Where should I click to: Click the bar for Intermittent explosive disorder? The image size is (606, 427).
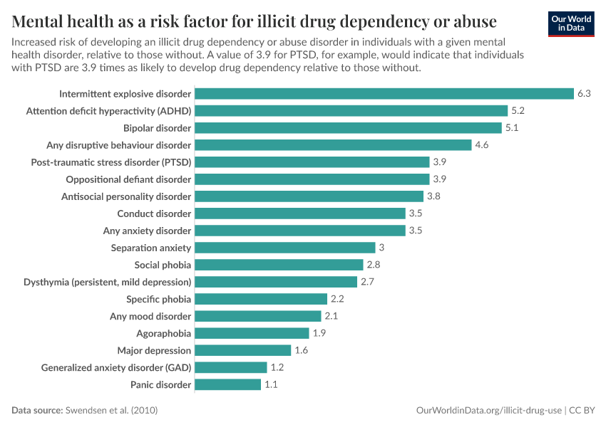pyautogui.click(x=384, y=94)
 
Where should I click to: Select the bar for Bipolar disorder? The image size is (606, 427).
pyautogui.click(x=348, y=128)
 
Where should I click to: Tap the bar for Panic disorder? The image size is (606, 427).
pyautogui.click(x=227, y=384)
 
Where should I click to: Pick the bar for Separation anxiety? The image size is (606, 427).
pyautogui.click(x=284, y=248)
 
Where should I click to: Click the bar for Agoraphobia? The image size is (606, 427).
pyautogui.click(x=252, y=333)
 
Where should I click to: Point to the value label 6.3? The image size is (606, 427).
pyautogui.click(x=584, y=94)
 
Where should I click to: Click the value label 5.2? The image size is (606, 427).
pyautogui.click(x=518, y=111)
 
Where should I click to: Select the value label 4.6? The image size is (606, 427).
pyautogui.click(x=483, y=145)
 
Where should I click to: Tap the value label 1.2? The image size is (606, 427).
pyautogui.click(x=277, y=367)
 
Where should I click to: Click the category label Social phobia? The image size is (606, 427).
pyautogui.click(x=163, y=265)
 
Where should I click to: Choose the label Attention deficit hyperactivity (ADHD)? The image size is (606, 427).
pyautogui.click(x=108, y=111)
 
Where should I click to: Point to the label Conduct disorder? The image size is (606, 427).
pyautogui.click(x=154, y=213)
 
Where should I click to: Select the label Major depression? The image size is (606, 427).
pyautogui.click(x=154, y=350)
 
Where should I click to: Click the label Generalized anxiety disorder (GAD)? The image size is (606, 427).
pyautogui.click(x=116, y=367)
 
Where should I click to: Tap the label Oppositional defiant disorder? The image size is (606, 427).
pyautogui.click(x=128, y=179)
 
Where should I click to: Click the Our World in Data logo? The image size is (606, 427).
pyautogui.click(x=571, y=23)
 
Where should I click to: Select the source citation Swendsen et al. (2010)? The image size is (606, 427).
pyautogui.click(x=111, y=411)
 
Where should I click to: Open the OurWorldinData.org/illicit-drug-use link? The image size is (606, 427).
pyautogui.click(x=489, y=411)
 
